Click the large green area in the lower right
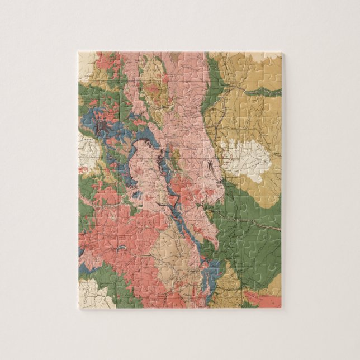[x=252, y=235]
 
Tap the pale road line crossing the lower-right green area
[x=246, y=221]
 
